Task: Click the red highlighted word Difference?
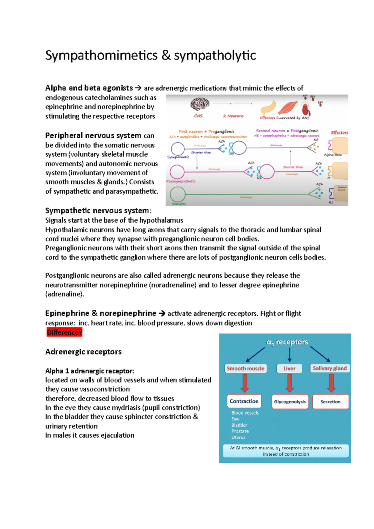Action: pyautogui.click(x=64, y=332)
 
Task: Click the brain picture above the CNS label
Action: pyautogui.click(x=200, y=104)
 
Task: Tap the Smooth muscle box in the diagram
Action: pyautogui.click(x=245, y=369)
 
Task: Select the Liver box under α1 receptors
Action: pyautogui.click(x=289, y=369)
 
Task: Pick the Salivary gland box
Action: pyautogui.click(x=330, y=368)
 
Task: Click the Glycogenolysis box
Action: pyautogui.click(x=290, y=402)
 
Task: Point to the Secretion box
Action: pyautogui.click(x=330, y=402)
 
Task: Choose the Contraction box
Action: pyautogui.click(x=244, y=401)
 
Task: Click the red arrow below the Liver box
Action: pyautogui.click(x=290, y=383)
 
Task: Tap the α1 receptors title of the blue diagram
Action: pyautogui.click(x=287, y=342)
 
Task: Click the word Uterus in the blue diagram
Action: pyautogui.click(x=238, y=437)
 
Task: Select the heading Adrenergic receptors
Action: pyautogui.click(x=83, y=352)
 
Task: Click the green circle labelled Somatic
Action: pyautogui.click(x=178, y=194)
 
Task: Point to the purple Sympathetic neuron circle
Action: pyautogui.click(x=178, y=149)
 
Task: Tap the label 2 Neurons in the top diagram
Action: pyautogui.click(x=233, y=116)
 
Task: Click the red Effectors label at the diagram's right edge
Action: pyautogui.click(x=339, y=132)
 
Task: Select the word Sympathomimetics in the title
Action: pyautogui.click(x=101, y=55)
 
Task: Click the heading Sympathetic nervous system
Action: pyautogui.click(x=97, y=211)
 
